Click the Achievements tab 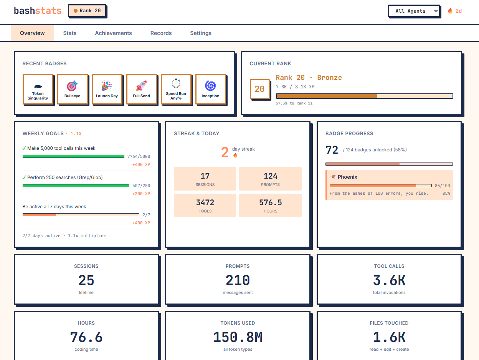pyautogui.click(x=113, y=33)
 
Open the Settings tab pyautogui.click(x=201, y=33)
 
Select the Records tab pyautogui.click(x=161, y=33)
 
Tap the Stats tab pyautogui.click(x=70, y=33)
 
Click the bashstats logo pyautogui.click(x=38, y=11)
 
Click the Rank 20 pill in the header pyautogui.click(x=87, y=11)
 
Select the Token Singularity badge pyautogui.click(x=38, y=89)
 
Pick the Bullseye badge pyautogui.click(x=73, y=89)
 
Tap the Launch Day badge pyautogui.click(x=107, y=89)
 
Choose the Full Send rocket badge pyautogui.click(x=141, y=89)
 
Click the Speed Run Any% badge pyautogui.click(x=176, y=89)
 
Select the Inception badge pyautogui.click(x=210, y=89)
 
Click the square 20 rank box pyautogui.click(x=259, y=89)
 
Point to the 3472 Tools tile pyautogui.click(x=205, y=205)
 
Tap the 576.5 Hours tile pyautogui.click(x=270, y=205)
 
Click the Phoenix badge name pyautogui.click(x=347, y=177)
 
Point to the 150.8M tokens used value pyautogui.click(x=238, y=337)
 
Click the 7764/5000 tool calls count pyautogui.click(x=139, y=156)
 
